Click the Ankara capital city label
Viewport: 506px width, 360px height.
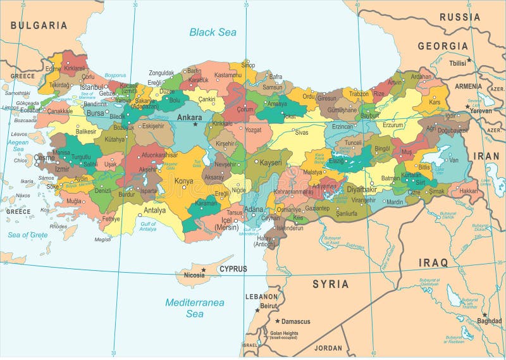coord(189,117)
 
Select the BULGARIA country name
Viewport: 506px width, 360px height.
coord(39,25)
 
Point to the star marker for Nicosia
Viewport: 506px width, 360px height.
coord(203,270)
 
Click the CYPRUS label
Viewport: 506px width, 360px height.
coord(233,269)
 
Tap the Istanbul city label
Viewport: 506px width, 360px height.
coord(91,87)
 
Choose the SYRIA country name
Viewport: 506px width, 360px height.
coord(330,284)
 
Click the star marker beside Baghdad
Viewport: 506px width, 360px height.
coord(484,314)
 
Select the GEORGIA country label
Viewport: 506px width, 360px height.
coord(443,46)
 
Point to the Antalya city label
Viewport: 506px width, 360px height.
coord(154,211)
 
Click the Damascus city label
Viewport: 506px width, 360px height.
coord(296,321)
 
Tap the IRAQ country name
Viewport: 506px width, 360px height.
coord(433,262)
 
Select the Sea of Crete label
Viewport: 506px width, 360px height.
coord(27,235)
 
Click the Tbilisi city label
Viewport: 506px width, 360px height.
coord(457,63)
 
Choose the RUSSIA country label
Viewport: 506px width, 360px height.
coord(460,17)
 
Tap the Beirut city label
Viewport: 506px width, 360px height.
coord(269,306)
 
